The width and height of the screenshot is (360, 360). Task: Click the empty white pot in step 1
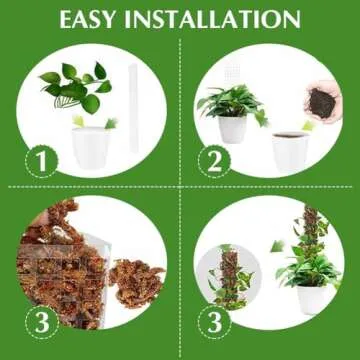coord(90,146)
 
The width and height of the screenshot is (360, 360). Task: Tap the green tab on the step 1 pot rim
coord(77,121)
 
